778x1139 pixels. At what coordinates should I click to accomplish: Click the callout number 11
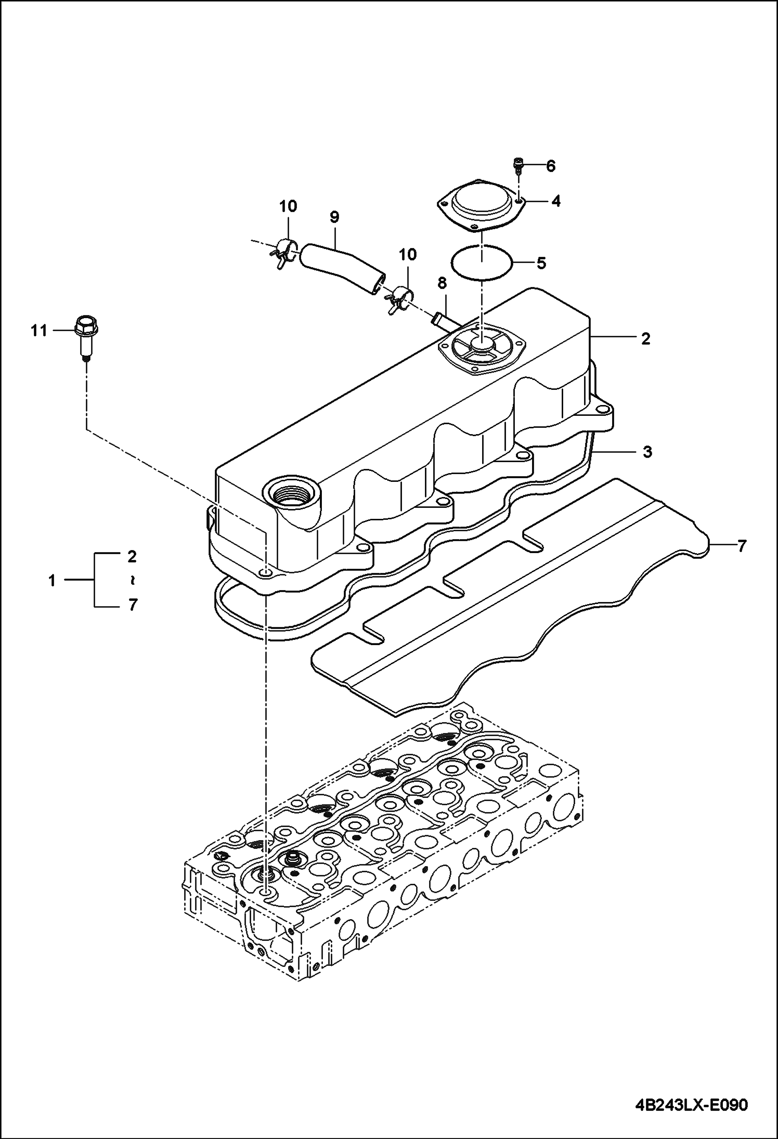coord(38,331)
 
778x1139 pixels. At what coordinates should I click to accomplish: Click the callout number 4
coord(556,201)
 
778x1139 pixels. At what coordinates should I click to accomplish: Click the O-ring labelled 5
coord(482,262)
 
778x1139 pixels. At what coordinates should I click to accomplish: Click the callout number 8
coord(442,283)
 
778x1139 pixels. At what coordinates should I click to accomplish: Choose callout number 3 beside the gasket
coord(646,452)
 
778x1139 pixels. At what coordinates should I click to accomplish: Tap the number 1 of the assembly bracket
coord(52,580)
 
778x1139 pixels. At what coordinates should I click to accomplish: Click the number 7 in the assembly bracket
coord(132,605)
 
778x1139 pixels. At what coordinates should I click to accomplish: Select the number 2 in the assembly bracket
coord(132,556)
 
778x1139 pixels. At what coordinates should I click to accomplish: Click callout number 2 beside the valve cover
coord(645,339)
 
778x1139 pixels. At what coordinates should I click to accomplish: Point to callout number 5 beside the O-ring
coord(541,263)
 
